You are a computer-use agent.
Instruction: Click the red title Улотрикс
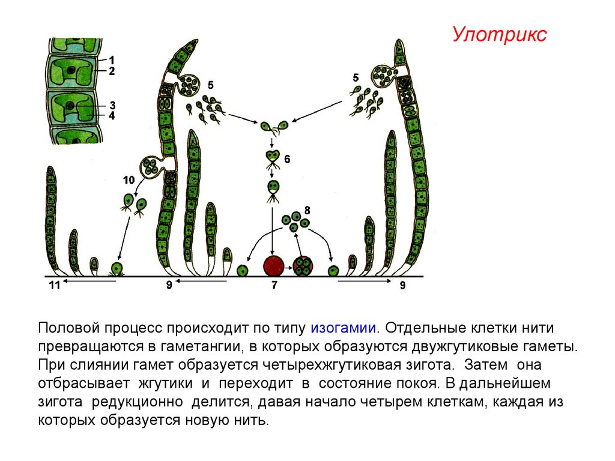point(499,35)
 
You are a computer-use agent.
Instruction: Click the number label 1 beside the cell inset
point(112,60)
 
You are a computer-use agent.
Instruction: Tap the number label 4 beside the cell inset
point(112,115)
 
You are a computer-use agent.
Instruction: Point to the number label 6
point(288,159)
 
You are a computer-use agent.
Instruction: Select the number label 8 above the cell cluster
point(307,210)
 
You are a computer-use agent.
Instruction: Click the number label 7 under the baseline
point(274,286)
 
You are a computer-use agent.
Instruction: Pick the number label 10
point(129,180)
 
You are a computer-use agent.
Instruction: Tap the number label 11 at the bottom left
point(54,286)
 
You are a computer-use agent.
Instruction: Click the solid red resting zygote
point(274,265)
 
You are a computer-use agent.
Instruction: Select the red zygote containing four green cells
point(303,265)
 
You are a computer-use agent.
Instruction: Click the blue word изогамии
point(344,328)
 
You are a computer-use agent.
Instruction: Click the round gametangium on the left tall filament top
point(189,85)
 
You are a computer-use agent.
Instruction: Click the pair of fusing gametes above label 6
point(273,127)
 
